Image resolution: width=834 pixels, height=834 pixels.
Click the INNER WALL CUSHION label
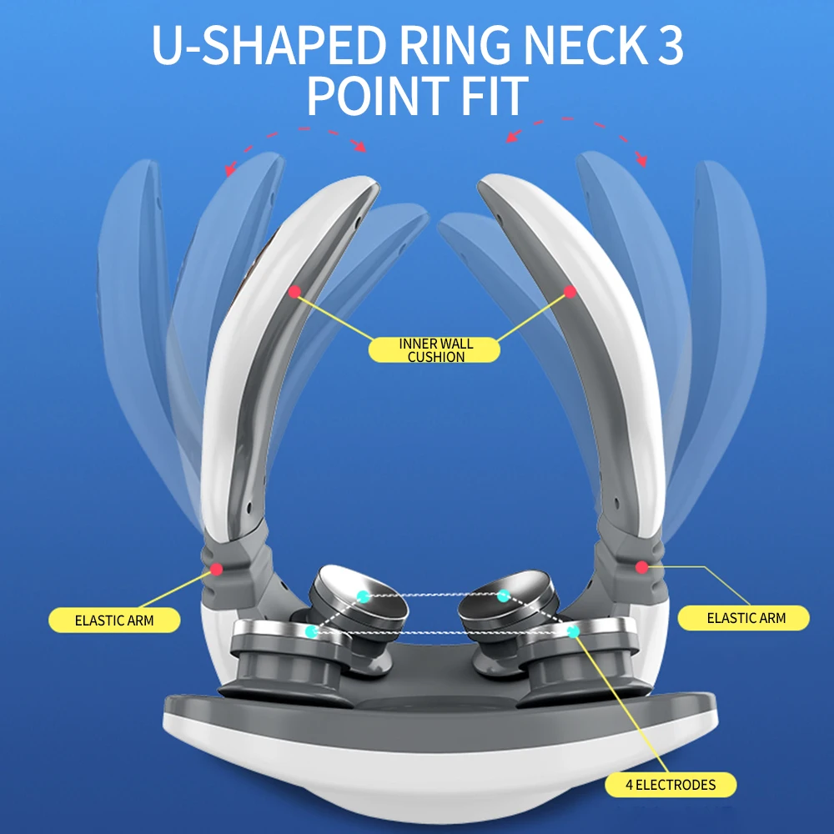[435, 350]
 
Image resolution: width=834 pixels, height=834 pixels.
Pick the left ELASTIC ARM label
[114, 620]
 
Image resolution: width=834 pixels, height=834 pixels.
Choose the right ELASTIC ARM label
[746, 618]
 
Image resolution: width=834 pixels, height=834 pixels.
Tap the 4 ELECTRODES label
[671, 785]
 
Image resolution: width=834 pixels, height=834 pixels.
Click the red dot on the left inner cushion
[294, 291]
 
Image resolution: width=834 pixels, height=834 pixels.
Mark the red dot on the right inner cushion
[570, 292]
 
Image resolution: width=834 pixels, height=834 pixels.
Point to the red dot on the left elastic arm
[216, 570]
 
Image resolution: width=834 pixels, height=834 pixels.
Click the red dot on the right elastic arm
[641, 567]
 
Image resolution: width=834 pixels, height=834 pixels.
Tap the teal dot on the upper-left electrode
[363, 595]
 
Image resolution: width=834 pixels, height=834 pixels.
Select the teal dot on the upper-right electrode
[503, 595]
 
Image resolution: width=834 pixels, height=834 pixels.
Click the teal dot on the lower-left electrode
[311, 632]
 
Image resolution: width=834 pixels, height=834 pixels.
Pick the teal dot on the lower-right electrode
[573, 631]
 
